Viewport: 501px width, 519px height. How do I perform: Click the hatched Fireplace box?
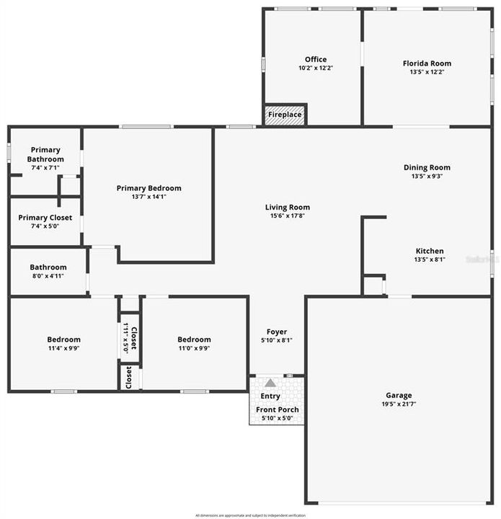pos(285,115)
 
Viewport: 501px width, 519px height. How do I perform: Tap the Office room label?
pos(316,60)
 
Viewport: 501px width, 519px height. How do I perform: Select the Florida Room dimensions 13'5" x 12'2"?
pos(427,71)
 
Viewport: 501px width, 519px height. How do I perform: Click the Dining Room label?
pos(427,167)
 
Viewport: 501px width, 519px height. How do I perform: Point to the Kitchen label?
pos(429,251)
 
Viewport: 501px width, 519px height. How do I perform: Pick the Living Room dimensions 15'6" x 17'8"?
pos(287,216)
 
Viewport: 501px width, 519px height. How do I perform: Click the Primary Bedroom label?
pos(148,188)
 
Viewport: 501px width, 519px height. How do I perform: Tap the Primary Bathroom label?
pos(45,154)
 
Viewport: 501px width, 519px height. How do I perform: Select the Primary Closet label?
pos(45,218)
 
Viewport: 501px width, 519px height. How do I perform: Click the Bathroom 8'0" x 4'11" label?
pos(48,267)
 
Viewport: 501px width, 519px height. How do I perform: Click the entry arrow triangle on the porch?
pos(270,383)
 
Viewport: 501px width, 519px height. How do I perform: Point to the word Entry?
pos(270,396)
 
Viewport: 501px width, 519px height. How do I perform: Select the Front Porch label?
pos(278,409)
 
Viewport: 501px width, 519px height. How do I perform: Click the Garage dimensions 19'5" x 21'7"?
pos(399,404)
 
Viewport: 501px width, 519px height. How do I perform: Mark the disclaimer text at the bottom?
pos(250,515)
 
